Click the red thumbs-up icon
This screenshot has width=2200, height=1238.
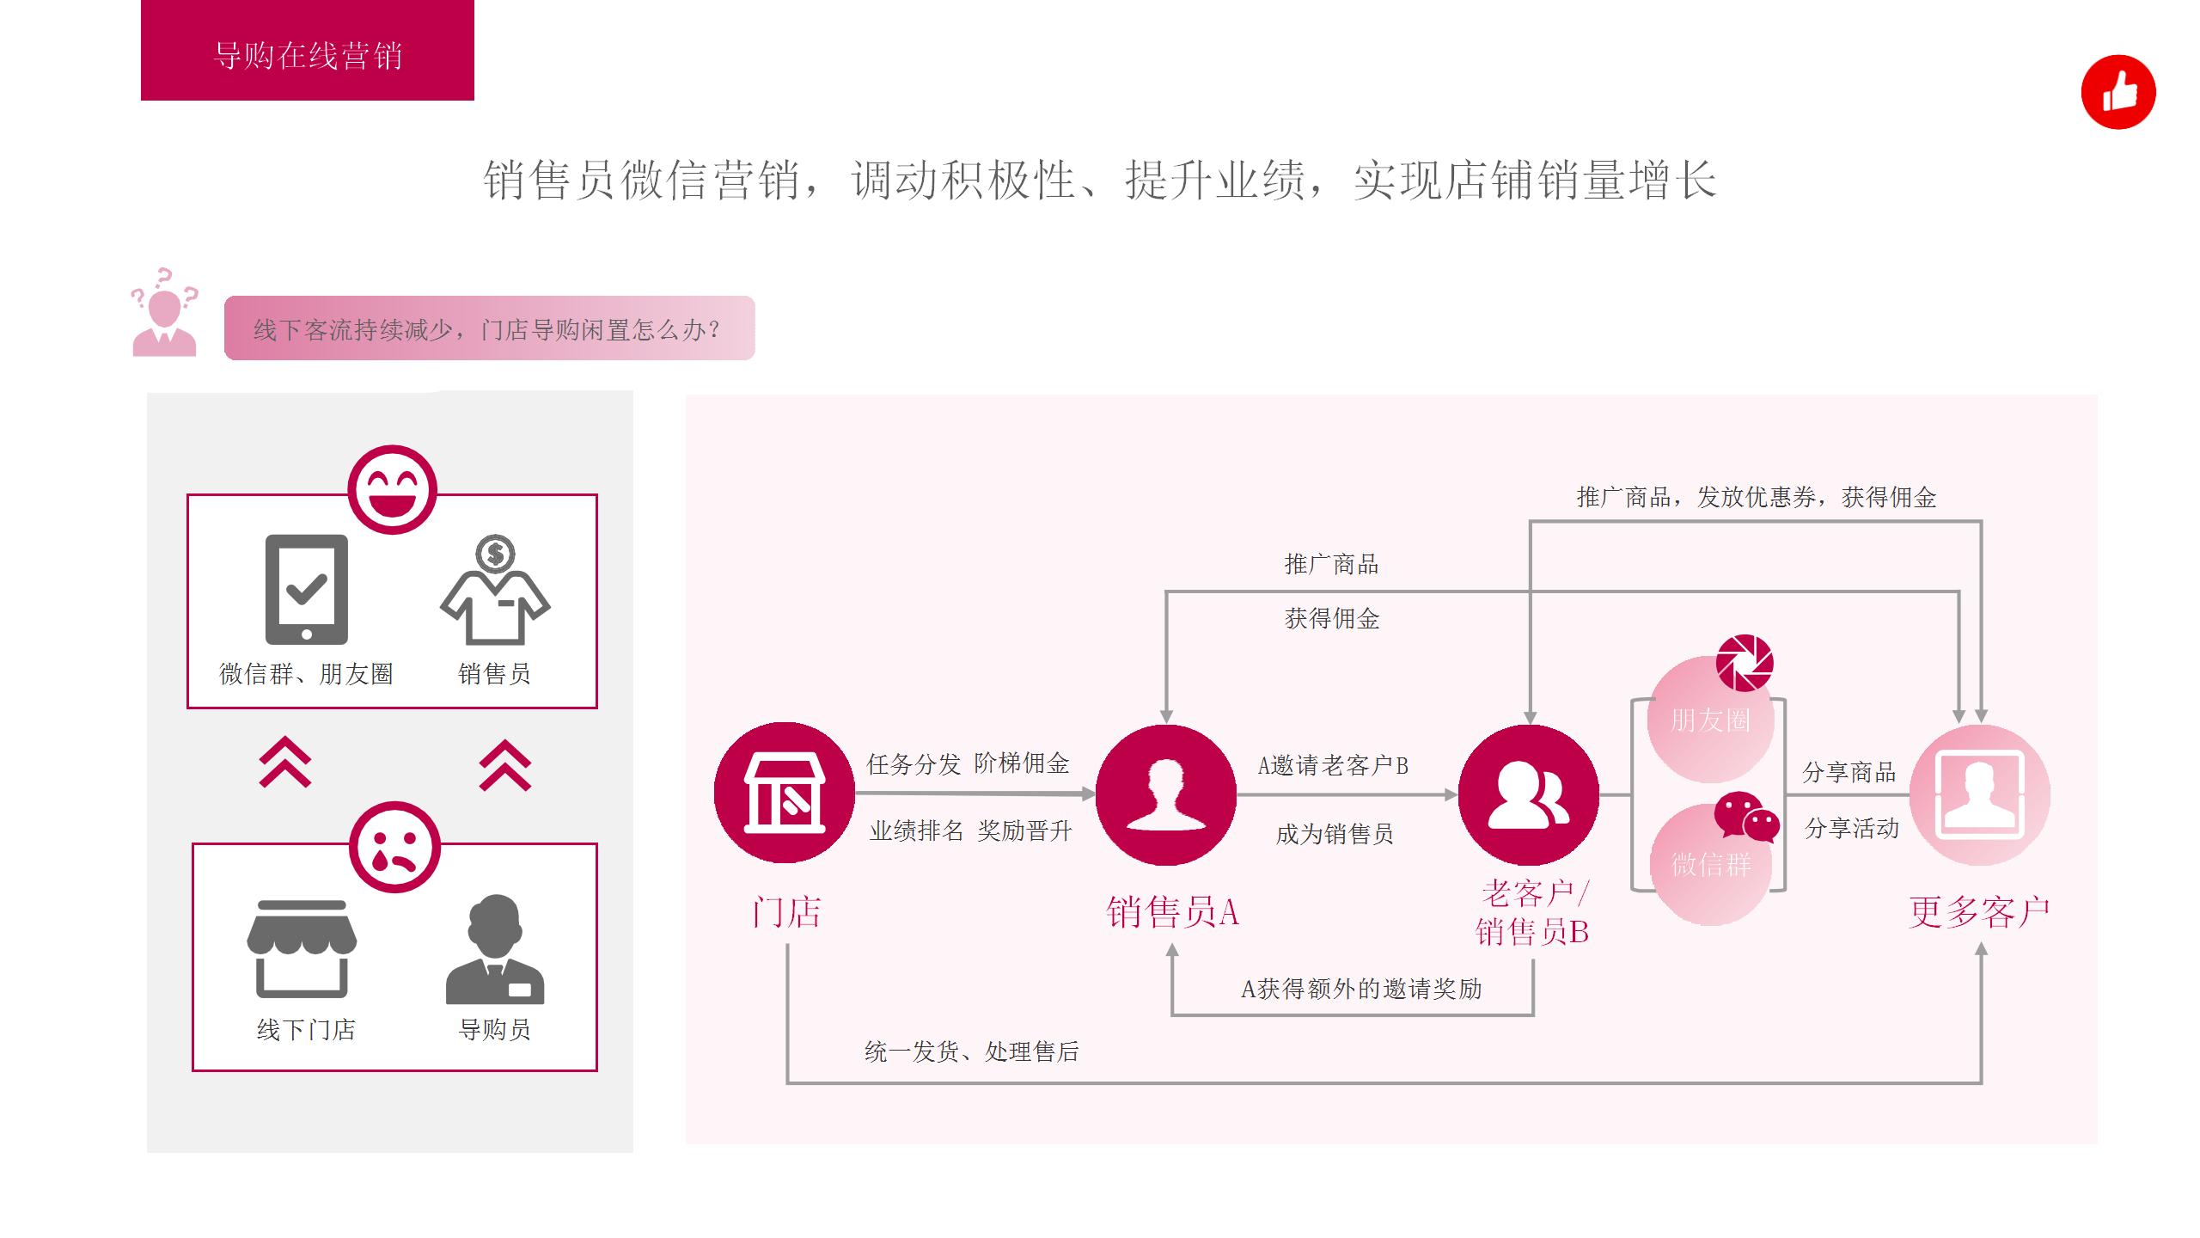[x=2118, y=92]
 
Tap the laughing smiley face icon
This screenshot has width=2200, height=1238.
[x=393, y=489]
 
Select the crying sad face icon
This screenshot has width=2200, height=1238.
[x=394, y=847]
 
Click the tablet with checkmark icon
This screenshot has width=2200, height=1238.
[x=307, y=590]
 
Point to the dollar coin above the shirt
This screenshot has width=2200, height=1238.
[x=496, y=554]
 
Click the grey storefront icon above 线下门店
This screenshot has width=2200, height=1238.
[x=302, y=949]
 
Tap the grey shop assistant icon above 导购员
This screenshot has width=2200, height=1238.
[x=495, y=949]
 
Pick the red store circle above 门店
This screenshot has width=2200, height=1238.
[x=785, y=793]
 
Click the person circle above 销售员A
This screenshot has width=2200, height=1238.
[x=1166, y=795]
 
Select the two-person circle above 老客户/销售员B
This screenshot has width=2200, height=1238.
[x=1529, y=795]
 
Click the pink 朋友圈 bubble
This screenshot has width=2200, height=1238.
[x=1711, y=719]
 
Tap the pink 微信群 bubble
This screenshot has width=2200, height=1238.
[x=1711, y=864]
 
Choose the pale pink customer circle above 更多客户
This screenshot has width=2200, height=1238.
[x=1980, y=795]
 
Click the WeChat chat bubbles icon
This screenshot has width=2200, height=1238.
[x=1746, y=817]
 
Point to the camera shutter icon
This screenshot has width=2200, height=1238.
[x=1745, y=663]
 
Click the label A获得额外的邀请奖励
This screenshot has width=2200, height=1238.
[x=1361, y=989]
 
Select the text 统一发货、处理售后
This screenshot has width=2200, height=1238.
[x=971, y=1051]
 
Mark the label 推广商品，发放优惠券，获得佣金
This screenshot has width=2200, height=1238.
[x=1757, y=497]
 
